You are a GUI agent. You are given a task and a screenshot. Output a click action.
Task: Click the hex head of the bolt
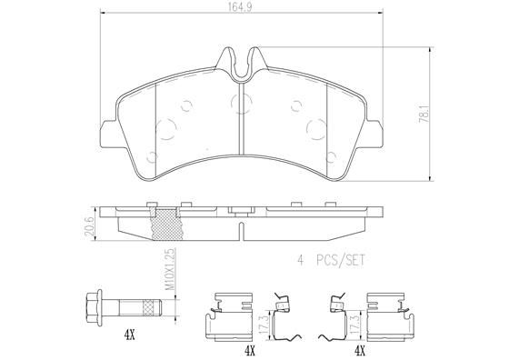[92, 305]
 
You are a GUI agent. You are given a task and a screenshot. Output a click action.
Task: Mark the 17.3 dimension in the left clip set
[262, 321]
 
